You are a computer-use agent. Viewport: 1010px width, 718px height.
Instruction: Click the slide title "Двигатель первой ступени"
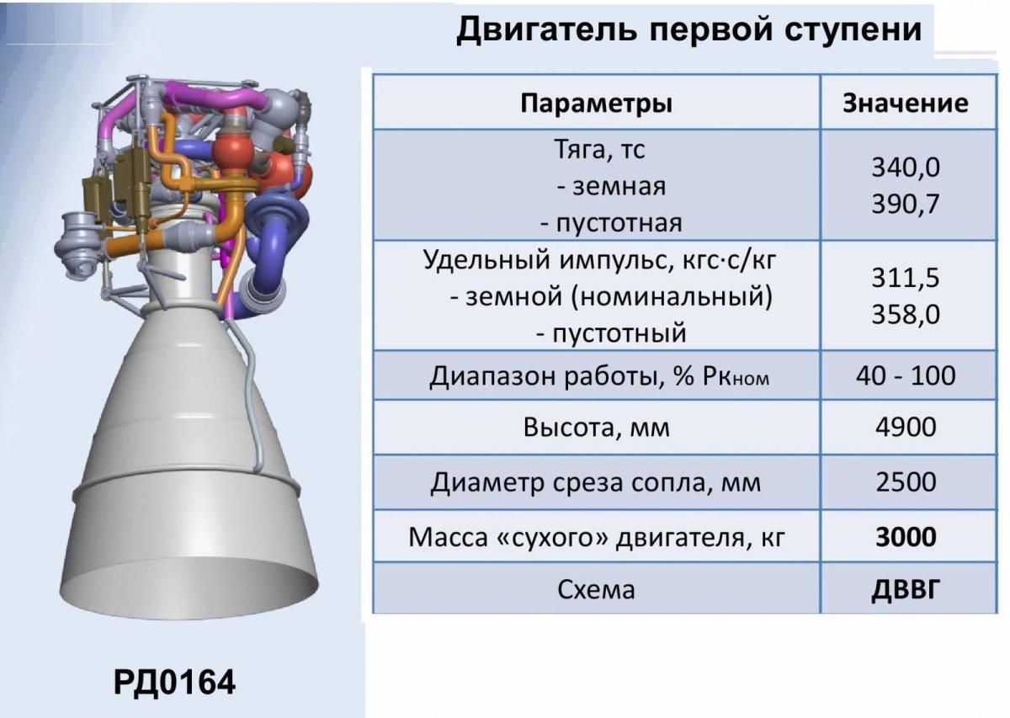coord(688,30)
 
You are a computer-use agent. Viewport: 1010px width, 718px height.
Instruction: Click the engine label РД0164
coord(175,681)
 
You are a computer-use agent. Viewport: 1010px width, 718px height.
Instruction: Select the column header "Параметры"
coord(596,104)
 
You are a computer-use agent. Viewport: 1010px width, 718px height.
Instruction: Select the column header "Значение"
coord(906,104)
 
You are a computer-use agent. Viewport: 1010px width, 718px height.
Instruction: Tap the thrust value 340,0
coord(906,168)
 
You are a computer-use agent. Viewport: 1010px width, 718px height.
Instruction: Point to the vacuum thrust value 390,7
coord(906,205)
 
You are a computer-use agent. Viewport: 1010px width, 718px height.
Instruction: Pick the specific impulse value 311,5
coord(906,279)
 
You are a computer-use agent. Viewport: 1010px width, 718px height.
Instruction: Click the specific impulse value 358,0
coord(906,315)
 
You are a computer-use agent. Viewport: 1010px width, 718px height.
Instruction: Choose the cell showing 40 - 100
coord(906,375)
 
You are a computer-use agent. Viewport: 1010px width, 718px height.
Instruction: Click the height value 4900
coord(906,428)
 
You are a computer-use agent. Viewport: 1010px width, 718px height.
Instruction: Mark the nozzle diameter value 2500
coord(906,482)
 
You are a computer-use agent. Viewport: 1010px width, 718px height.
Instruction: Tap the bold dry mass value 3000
coord(906,536)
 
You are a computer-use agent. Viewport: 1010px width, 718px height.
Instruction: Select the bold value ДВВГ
coord(906,589)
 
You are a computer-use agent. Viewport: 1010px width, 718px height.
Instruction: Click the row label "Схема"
coord(596,589)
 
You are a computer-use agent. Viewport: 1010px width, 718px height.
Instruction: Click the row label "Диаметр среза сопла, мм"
coord(596,483)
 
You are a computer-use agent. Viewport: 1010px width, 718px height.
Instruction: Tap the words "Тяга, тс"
coord(599,150)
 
